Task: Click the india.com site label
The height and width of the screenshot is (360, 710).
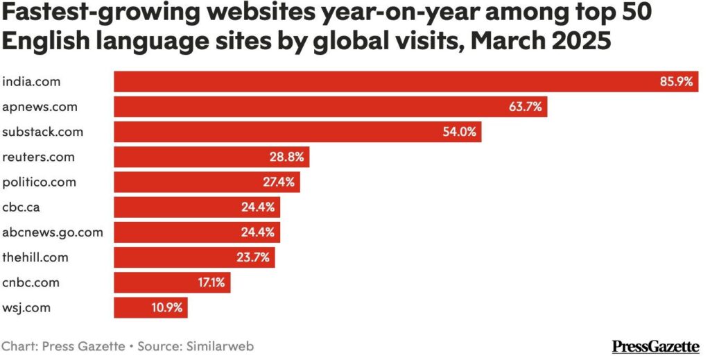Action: point(31,82)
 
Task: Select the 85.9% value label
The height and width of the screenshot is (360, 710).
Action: point(676,82)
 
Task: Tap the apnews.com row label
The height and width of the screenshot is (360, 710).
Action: point(40,107)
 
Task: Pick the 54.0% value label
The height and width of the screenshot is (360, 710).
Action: point(459,132)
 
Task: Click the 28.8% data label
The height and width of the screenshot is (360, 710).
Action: point(287,157)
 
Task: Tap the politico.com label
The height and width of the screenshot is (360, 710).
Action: point(40,182)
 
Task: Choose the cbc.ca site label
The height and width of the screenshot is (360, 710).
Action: point(25,207)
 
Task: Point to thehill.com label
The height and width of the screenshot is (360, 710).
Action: point(35,257)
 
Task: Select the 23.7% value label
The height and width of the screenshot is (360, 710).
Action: point(253,257)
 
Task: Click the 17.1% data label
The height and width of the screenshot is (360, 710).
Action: point(209,282)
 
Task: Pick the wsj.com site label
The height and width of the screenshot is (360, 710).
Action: point(26,307)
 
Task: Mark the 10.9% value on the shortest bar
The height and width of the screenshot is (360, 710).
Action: point(166,307)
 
